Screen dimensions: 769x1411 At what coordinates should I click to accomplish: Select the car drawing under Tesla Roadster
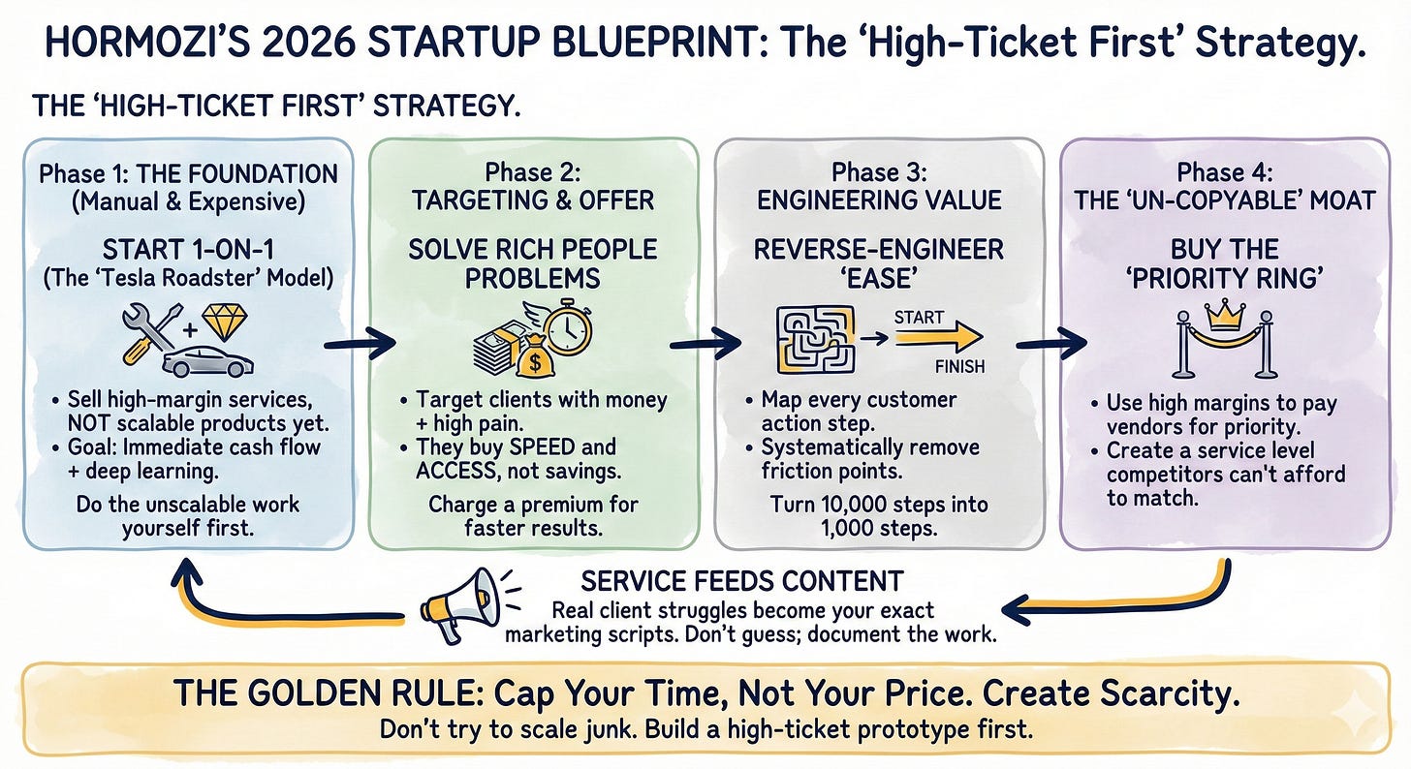click(208, 364)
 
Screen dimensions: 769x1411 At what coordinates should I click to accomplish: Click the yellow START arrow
click(935, 337)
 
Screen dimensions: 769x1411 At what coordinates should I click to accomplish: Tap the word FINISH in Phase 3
click(959, 367)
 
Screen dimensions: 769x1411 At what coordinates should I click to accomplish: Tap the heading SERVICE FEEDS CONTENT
click(741, 581)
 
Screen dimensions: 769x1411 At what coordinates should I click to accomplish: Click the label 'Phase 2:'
click(533, 174)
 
